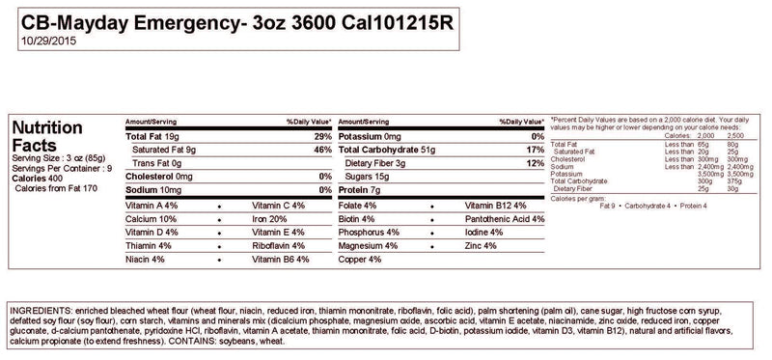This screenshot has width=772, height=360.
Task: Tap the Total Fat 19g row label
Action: pyautogui.click(x=158, y=136)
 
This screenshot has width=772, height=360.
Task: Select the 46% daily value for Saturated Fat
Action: pyautogui.click(x=322, y=150)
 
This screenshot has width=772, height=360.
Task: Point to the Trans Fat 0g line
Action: pyautogui.click(x=156, y=163)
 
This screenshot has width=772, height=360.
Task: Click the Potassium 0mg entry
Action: pyautogui.click(x=372, y=136)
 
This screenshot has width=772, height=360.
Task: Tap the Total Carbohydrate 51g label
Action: pyautogui.click(x=387, y=150)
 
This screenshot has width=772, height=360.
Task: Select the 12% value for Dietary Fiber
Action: pyautogui.click(x=534, y=163)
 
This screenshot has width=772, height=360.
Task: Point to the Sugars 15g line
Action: pyautogui.click(x=368, y=177)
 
